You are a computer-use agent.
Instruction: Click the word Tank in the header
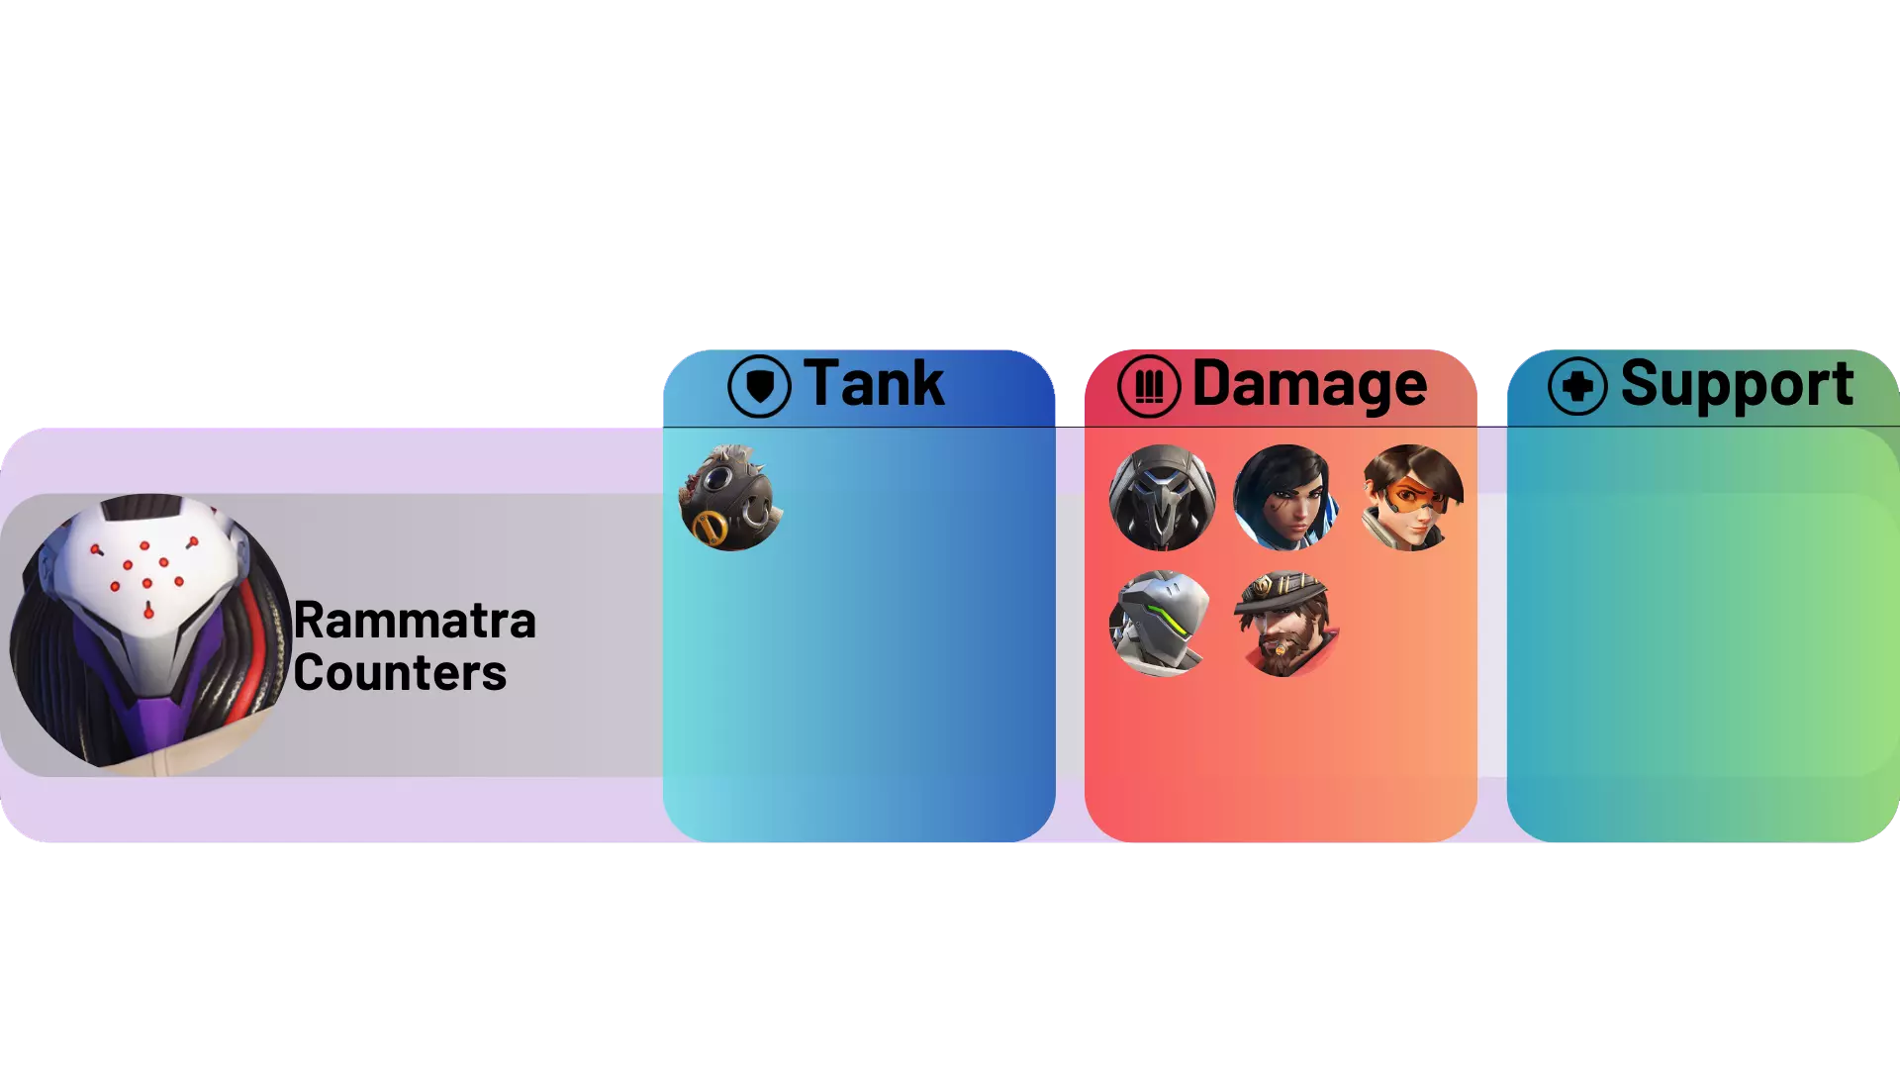(x=874, y=384)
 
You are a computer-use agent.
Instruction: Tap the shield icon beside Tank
(x=759, y=386)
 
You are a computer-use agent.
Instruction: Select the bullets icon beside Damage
(x=1149, y=386)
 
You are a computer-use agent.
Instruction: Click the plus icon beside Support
(x=1577, y=386)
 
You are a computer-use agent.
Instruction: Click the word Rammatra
(x=415, y=622)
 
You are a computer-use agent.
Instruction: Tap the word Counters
(x=400, y=674)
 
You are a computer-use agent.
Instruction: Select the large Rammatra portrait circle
(x=150, y=634)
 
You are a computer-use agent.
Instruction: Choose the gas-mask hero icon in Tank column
(x=731, y=498)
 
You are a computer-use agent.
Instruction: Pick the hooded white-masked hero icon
(x=1162, y=498)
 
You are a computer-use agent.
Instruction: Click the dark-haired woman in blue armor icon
(x=1285, y=498)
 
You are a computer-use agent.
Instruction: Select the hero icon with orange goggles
(x=1411, y=498)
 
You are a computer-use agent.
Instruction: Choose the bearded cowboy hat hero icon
(x=1285, y=624)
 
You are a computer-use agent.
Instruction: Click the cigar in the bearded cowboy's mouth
(x=1283, y=649)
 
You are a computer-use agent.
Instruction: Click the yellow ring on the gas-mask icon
(x=710, y=529)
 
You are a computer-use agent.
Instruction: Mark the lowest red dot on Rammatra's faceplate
(x=148, y=613)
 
